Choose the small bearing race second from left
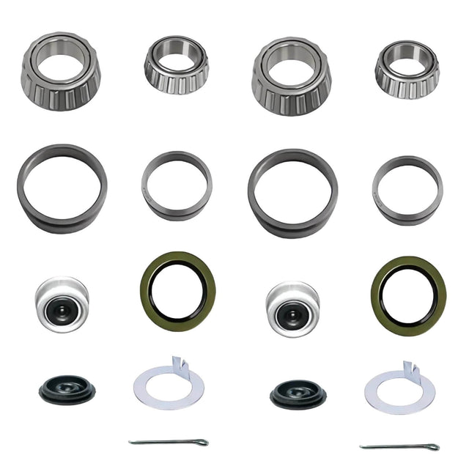click(x=177, y=185)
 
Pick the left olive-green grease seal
click(x=177, y=292)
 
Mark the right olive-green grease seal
click(x=408, y=295)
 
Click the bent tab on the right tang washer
click(x=410, y=366)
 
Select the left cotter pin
click(x=169, y=442)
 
